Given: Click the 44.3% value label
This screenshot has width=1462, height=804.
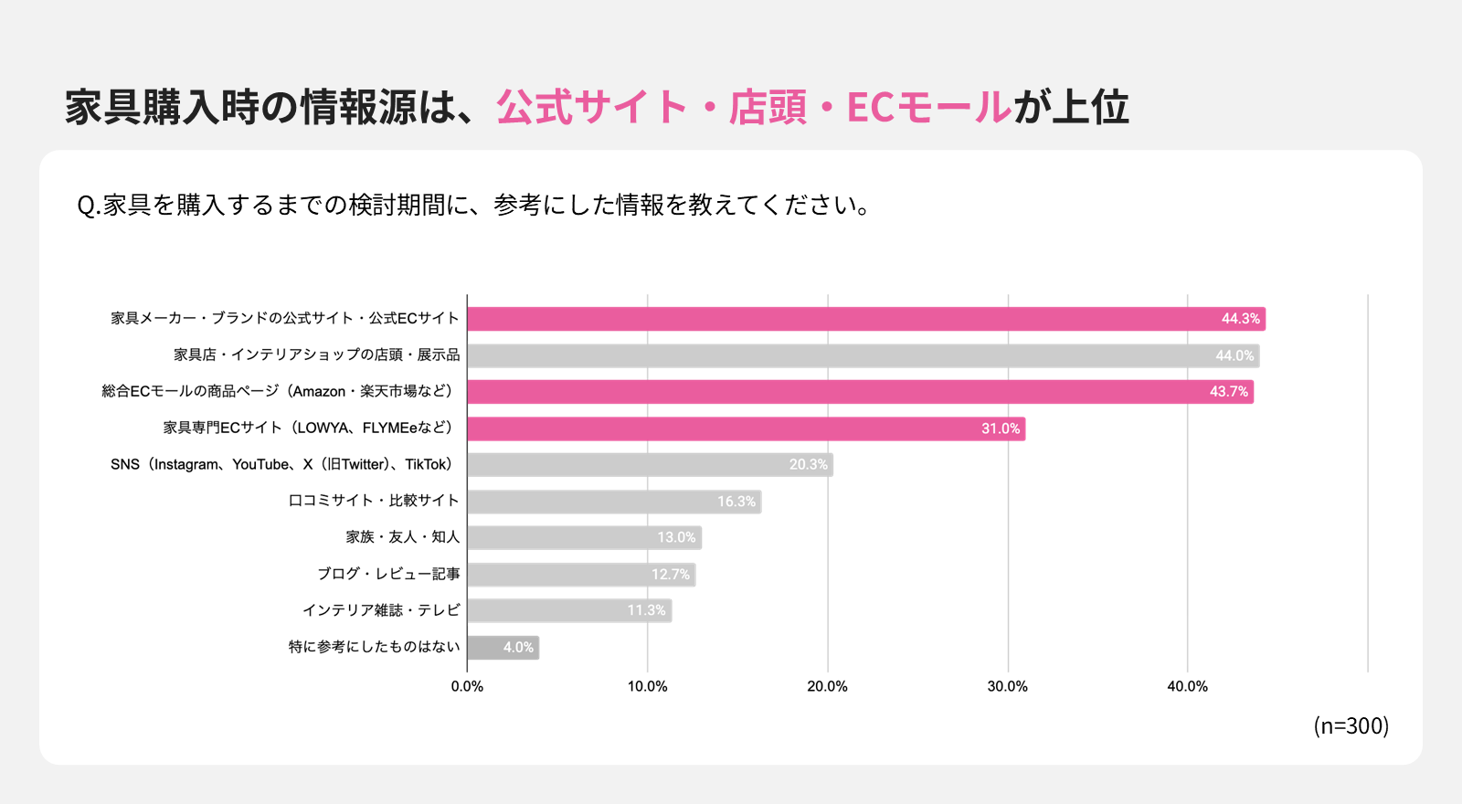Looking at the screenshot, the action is [x=1240, y=319].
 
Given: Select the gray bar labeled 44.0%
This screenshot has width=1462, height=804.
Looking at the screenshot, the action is [x=863, y=355].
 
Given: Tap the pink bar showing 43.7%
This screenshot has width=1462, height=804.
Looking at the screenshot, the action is [x=860, y=392].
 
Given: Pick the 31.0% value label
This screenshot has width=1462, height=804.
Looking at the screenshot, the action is [x=1001, y=428].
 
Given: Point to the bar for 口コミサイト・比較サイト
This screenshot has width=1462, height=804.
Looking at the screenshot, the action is [x=614, y=502].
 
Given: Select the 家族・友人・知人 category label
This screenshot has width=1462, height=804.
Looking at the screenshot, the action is [x=403, y=537].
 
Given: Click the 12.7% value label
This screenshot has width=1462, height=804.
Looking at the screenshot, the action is [x=671, y=575].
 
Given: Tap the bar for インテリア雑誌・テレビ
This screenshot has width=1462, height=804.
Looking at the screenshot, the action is [x=569, y=611].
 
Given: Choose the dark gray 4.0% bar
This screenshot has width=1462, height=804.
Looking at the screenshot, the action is [x=503, y=648].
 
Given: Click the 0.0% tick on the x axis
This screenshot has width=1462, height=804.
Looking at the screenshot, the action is [x=467, y=686].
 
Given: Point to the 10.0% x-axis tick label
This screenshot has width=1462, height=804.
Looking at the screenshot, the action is [x=648, y=686].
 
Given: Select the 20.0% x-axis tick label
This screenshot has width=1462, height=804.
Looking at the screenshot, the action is [x=828, y=686].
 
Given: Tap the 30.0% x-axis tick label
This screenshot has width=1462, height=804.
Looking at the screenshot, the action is [x=1008, y=686].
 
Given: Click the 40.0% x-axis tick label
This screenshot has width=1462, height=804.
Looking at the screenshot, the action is [x=1188, y=686].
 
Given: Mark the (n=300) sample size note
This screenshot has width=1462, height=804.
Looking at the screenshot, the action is [x=1351, y=725].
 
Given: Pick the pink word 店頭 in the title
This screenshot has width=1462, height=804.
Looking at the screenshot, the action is [x=768, y=107].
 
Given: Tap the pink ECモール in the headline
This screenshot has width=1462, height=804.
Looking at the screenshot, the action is [x=928, y=107].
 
